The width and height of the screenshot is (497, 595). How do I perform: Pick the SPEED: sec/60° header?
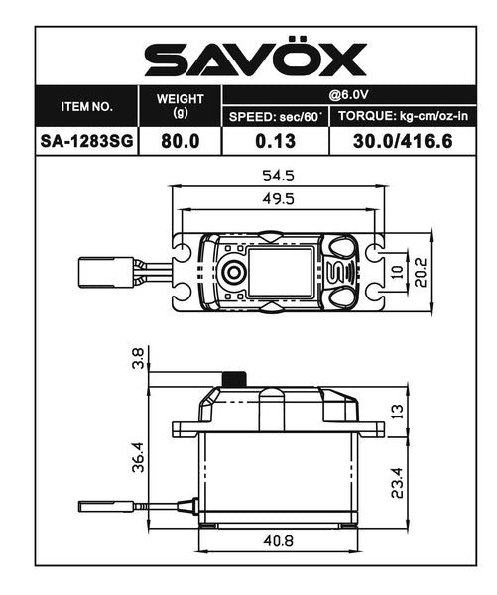276,117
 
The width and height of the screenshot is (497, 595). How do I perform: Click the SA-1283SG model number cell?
87,141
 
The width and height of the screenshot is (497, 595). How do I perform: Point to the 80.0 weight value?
181,141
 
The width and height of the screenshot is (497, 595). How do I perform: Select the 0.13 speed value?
276,141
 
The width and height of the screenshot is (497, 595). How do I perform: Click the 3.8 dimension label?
140,359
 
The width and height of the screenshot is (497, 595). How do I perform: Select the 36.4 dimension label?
140,458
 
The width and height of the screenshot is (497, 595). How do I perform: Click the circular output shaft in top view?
234,272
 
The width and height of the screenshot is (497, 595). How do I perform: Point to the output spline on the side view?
234,380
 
